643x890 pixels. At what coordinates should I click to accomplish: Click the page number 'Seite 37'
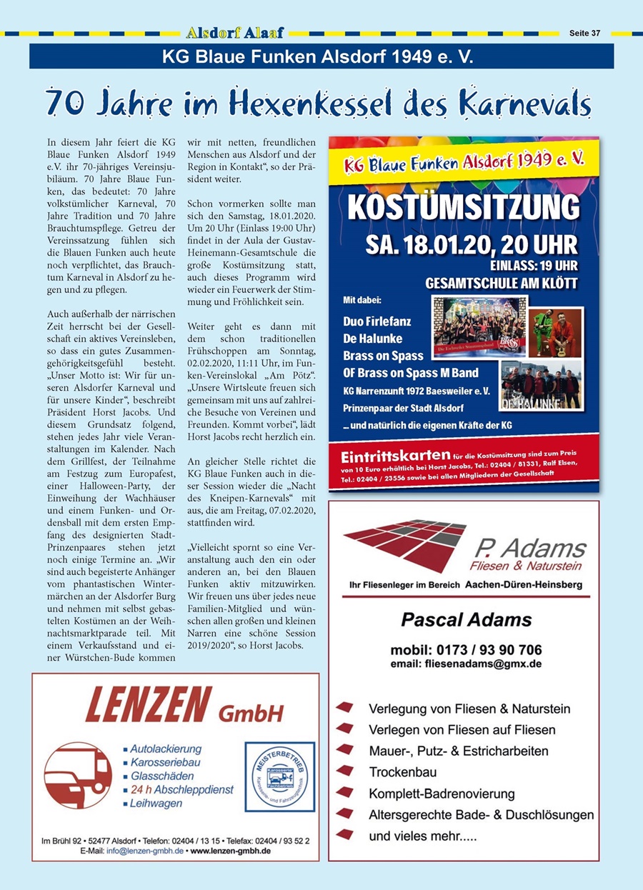(585, 33)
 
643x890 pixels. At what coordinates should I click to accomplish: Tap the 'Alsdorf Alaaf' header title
(234, 33)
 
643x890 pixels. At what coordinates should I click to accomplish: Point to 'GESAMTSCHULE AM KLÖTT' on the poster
(502, 283)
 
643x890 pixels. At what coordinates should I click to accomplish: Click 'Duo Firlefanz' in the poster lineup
(377, 321)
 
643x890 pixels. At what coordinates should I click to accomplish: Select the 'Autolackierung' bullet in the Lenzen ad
(166, 749)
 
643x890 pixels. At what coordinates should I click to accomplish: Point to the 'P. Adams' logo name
(529, 549)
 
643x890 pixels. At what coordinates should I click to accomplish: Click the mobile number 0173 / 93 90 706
(467, 650)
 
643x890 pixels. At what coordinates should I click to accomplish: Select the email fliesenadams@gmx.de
(466, 664)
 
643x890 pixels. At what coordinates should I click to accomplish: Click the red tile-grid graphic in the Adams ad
(404, 542)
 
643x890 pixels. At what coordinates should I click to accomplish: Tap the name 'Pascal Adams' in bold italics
(467, 619)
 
